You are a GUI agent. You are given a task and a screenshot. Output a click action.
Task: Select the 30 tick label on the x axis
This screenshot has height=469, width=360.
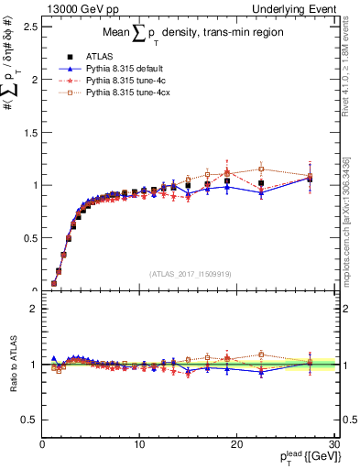coord(334,444)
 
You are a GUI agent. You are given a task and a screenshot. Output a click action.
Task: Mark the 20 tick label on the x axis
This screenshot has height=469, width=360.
coord(237,444)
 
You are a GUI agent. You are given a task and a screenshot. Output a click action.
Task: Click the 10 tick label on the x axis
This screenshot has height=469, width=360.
coord(139,444)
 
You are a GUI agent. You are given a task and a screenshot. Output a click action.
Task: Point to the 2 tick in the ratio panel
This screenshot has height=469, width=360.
coord(33,309)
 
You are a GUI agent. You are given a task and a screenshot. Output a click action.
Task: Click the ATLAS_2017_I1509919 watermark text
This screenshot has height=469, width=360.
coord(189,272)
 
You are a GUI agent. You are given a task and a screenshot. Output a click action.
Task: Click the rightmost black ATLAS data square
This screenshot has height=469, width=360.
coord(310,179)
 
